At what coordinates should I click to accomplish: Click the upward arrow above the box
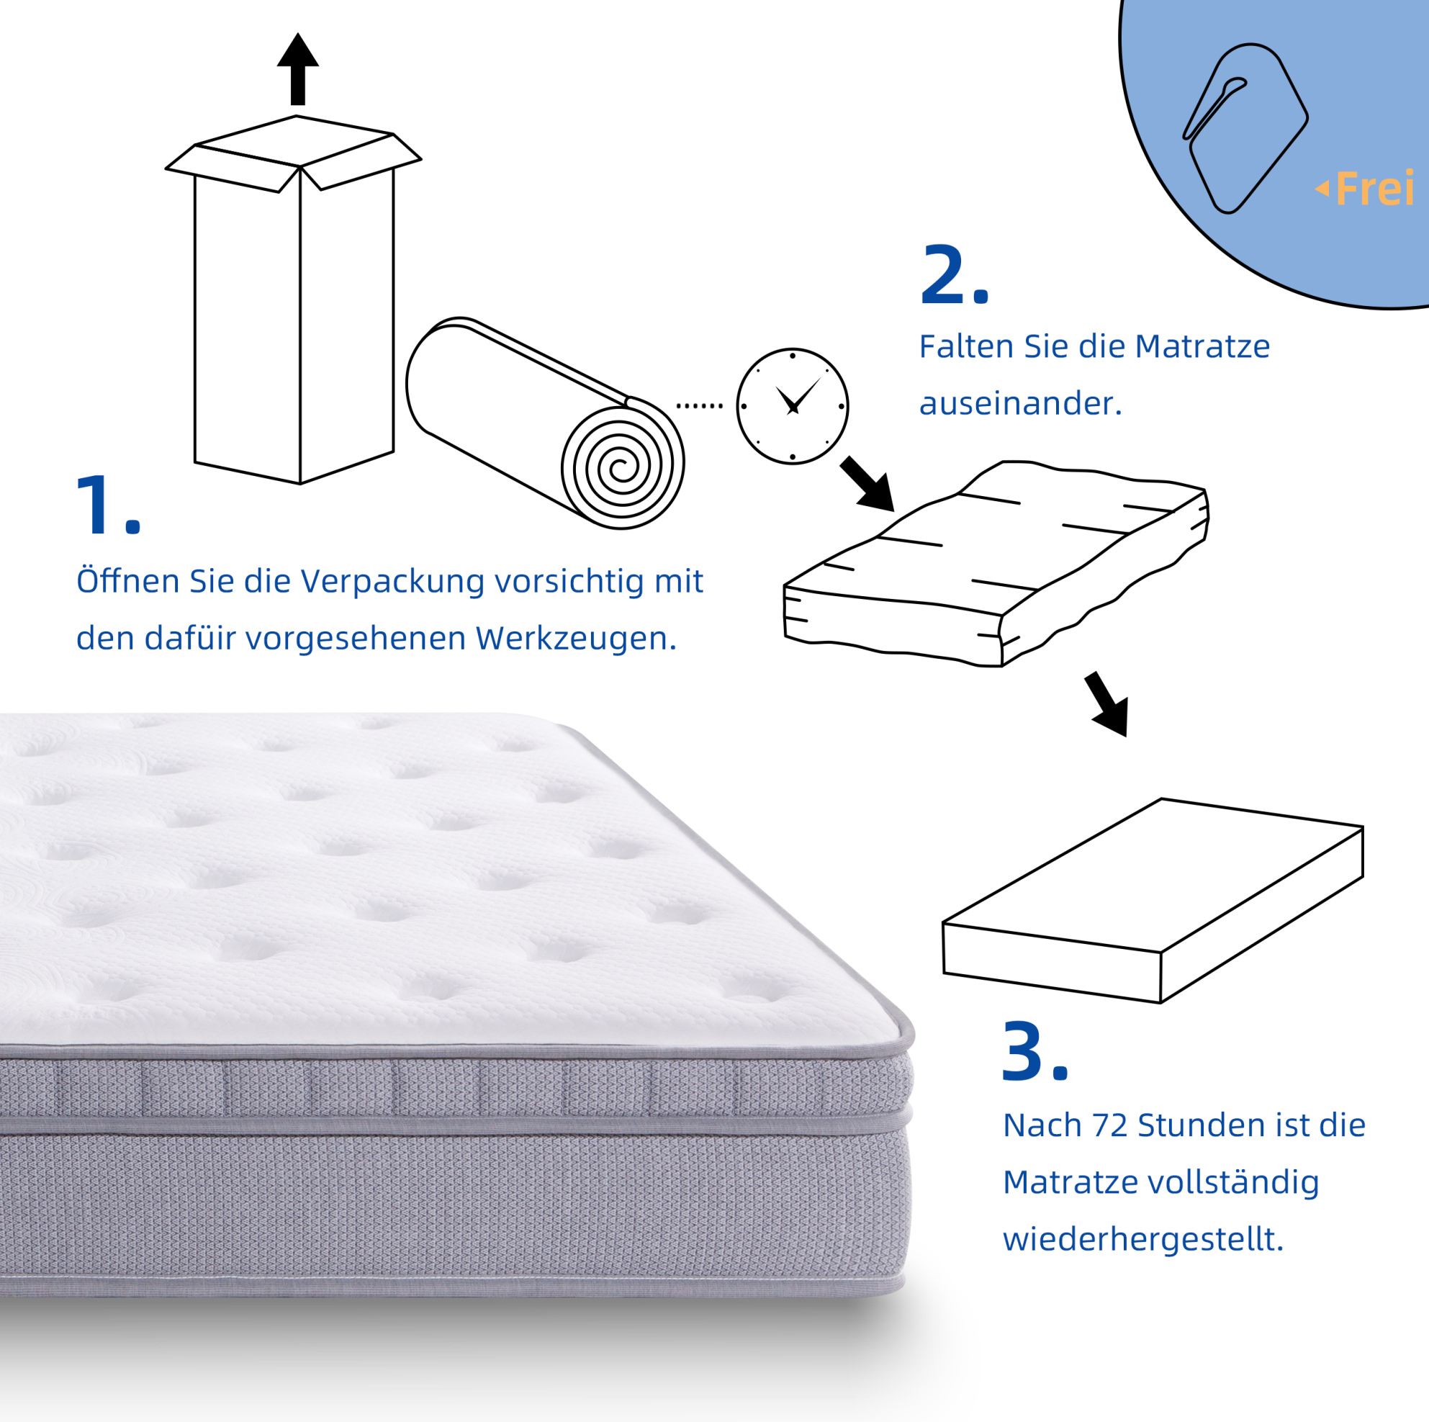coord(298,69)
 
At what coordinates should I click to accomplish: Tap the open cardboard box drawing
coord(294,300)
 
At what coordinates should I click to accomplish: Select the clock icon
coord(792,406)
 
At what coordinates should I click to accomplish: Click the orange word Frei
coord(1374,189)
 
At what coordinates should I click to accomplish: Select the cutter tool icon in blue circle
coord(1245,128)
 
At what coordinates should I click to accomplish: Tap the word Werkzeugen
coord(574,639)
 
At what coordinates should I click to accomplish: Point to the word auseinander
coord(1020,404)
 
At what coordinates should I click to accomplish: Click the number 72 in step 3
coord(1109,1125)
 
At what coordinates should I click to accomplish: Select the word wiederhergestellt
coord(1143,1239)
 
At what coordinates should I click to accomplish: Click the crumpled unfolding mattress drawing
coord(996,564)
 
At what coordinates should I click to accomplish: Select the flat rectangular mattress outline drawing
coord(1153,901)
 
